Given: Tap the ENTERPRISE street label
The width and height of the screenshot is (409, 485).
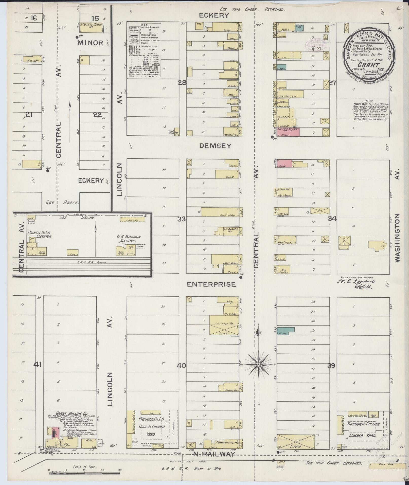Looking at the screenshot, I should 211,284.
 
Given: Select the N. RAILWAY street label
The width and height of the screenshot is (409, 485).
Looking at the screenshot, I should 214,455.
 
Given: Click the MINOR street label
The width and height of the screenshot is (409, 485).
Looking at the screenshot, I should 90,43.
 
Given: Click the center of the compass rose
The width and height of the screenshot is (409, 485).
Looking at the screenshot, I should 258,365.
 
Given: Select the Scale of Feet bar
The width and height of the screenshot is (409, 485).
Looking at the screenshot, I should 84,471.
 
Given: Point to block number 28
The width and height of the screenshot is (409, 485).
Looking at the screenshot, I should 182,82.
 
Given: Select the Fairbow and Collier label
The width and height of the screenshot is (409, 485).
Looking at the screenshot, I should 363,424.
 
